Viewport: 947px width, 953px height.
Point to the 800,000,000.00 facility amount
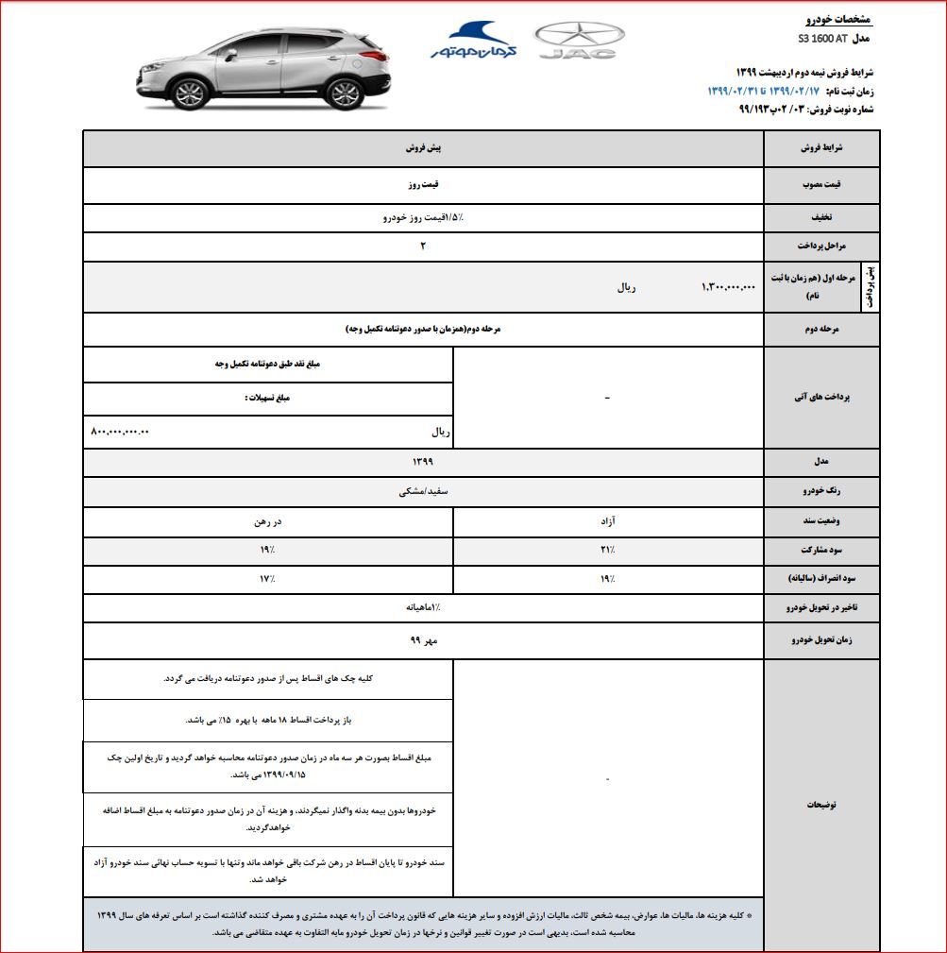coord(120,432)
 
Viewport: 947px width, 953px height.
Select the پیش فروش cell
coord(424,149)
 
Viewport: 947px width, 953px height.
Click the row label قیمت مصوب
coord(820,185)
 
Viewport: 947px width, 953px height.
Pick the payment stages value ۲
coord(424,247)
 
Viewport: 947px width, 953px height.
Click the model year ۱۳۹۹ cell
coord(424,461)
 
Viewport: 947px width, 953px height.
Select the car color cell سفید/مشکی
coord(424,492)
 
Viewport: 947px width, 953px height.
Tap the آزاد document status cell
coord(608,521)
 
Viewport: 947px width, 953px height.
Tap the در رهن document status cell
coord(269,521)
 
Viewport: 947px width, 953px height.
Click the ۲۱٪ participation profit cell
coord(608,550)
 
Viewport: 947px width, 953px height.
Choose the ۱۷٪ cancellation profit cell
coord(269,578)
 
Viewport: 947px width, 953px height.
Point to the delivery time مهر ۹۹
coord(424,640)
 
